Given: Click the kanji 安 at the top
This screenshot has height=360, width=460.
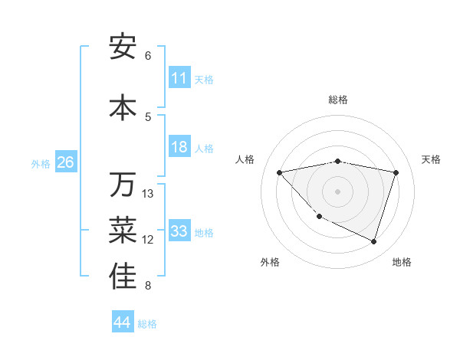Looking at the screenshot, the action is click(123, 47).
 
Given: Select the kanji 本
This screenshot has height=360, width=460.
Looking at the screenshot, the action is click(123, 108).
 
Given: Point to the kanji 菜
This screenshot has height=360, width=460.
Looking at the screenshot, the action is click(123, 231).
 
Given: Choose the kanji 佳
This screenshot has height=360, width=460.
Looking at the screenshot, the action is click(123, 277).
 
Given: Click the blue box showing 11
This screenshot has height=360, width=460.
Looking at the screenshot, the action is click(179, 78).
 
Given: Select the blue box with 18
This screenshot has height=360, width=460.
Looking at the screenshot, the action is click(179, 147).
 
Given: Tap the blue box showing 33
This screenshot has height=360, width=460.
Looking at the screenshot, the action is click(179, 231).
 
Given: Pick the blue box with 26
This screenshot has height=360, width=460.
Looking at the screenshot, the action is click(65, 162).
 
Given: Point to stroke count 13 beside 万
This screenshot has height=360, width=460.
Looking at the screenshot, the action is click(148, 193).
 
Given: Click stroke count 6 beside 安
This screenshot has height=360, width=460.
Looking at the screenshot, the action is click(148, 55).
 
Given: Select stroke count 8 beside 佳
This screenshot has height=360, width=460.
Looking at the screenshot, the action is click(148, 286).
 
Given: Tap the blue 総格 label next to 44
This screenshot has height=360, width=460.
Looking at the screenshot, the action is click(147, 323).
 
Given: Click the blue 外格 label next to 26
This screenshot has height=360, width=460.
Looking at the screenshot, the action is click(41, 163).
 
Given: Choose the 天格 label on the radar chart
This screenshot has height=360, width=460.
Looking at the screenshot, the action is click(431, 159).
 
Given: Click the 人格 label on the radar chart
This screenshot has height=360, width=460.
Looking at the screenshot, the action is click(245, 159).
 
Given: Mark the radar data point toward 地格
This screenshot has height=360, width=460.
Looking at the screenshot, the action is click(373, 241).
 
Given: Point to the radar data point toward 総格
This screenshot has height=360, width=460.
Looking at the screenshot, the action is click(338, 161).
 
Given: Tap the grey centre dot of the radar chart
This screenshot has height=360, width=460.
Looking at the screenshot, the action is click(338, 191).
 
